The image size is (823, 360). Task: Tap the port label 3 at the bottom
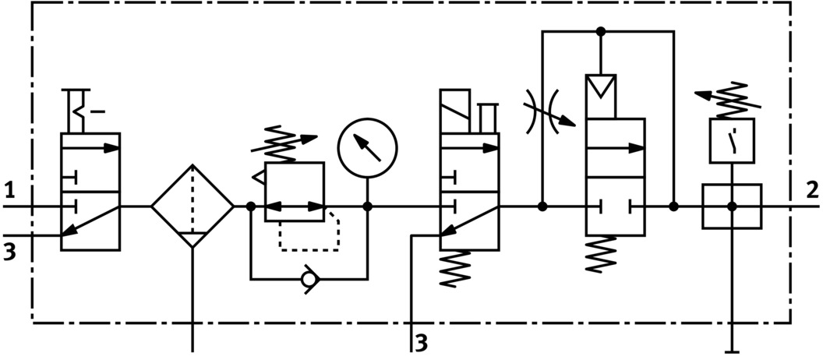click(422, 341)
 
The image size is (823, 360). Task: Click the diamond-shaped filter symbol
click(192, 206)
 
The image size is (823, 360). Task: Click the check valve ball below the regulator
click(310, 278)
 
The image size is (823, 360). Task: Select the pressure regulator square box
click(295, 192)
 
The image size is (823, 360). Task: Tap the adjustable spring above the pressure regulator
click(289, 143)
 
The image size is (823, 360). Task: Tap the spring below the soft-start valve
click(600, 253)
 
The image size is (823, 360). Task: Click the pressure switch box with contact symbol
click(731, 140)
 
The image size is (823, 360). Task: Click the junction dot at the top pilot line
click(600, 32)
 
